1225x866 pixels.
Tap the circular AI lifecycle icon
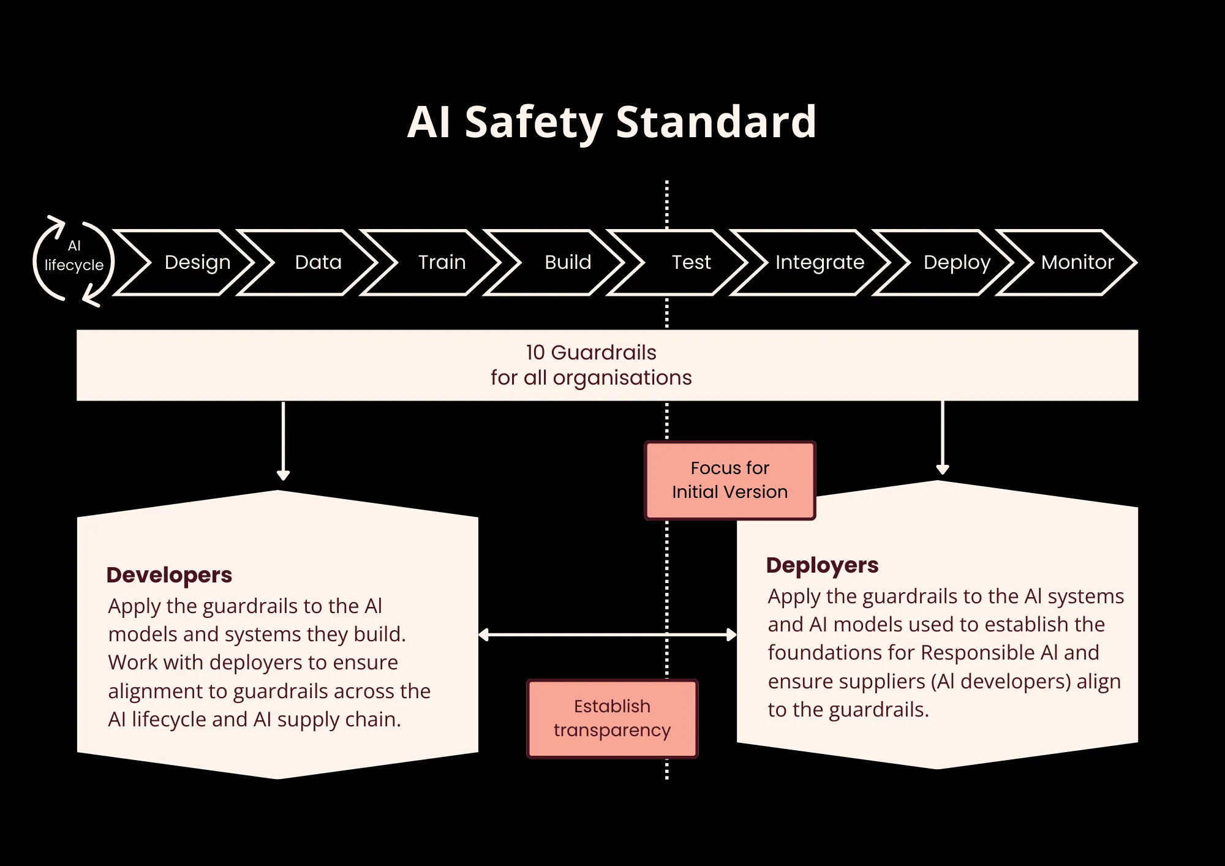[73, 261]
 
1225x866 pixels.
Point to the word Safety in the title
[533, 122]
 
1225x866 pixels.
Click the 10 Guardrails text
[591, 353]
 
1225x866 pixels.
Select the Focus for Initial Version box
[729, 480]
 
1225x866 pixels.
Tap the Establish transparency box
[612, 718]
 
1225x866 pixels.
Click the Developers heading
[169, 575]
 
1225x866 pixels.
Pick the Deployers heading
[822, 565]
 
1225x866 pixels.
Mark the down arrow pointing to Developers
[283, 441]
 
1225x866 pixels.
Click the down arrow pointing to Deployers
[943, 437]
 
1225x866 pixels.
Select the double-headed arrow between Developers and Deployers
[607, 634]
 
